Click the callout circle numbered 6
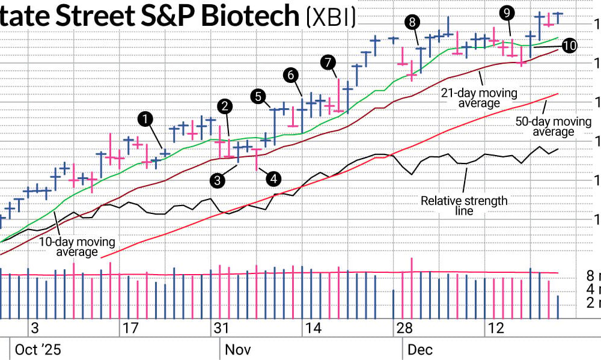[x=290, y=75]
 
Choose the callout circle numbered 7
[x=328, y=61]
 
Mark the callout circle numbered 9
[x=507, y=13]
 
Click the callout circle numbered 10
[x=569, y=46]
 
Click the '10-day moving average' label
[x=77, y=247]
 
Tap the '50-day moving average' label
[x=553, y=127]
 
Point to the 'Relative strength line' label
[x=464, y=206]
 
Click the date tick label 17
[x=130, y=328]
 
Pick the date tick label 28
[x=403, y=328]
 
